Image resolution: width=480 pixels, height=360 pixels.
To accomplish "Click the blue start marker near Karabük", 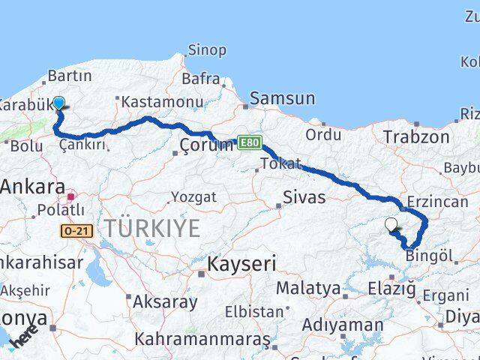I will (x=58, y=104).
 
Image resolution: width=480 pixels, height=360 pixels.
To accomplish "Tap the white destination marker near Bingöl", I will (x=391, y=224).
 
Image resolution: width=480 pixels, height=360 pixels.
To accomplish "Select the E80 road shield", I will (x=248, y=141).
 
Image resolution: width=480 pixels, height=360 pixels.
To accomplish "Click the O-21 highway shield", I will (x=77, y=231).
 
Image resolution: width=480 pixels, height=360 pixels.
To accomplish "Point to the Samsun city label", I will (x=282, y=97).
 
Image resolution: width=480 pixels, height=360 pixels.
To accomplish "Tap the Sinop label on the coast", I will (x=206, y=50).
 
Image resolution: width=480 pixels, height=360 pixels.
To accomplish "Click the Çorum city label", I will (x=206, y=145).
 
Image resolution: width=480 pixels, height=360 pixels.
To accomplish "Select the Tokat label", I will (x=280, y=163).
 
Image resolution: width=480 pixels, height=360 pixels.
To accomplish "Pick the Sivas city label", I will (x=304, y=197).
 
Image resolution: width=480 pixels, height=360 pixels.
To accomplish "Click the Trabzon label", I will (x=416, y=136).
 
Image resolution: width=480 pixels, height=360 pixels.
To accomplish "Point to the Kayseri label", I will (x=241, y=263).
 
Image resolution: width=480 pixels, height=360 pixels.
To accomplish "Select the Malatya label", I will (x=308, y=288).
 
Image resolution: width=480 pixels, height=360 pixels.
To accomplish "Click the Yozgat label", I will (x=193, y=196).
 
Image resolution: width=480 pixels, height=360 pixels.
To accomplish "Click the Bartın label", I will (x=69, y=76).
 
